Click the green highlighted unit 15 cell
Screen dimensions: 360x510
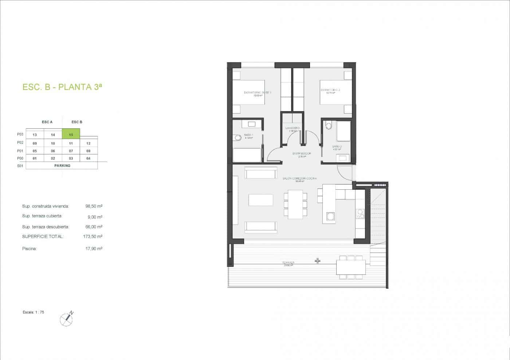point(71,134)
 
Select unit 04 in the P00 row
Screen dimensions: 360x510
point(89,158)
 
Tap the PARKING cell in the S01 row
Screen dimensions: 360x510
point(62,166)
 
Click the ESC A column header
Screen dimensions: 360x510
point(47,122)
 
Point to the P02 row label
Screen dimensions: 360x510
point(20,143)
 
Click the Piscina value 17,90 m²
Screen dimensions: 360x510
point(93,249)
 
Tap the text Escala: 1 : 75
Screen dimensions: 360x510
point(33,312)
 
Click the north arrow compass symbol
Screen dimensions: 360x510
point(66,319)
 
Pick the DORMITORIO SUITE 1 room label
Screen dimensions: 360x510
point(257,93)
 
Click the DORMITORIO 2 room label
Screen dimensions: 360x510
point(330,90)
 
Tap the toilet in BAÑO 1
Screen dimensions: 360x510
point(238,138)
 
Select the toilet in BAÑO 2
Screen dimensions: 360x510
point(329,126)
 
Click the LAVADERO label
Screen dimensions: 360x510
point(292,128)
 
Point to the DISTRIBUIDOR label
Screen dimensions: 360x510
point(302,154)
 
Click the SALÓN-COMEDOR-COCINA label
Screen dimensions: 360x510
point(299,179)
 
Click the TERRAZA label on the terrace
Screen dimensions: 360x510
point(288,262)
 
